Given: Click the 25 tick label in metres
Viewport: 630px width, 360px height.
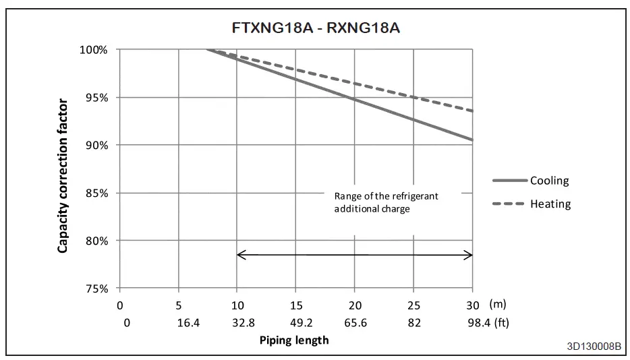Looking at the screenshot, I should (415, 305).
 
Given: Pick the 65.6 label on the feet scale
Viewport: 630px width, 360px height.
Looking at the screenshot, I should (355, 323).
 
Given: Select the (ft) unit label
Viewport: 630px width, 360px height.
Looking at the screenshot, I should (500, 323).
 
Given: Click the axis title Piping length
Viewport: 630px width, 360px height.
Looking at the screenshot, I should (294, 340).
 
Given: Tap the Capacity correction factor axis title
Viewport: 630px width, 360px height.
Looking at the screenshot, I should (63, 176).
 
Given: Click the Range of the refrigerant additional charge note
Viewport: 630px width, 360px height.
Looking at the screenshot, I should (386, 202).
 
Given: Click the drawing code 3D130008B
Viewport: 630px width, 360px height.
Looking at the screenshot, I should (594, 347).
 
